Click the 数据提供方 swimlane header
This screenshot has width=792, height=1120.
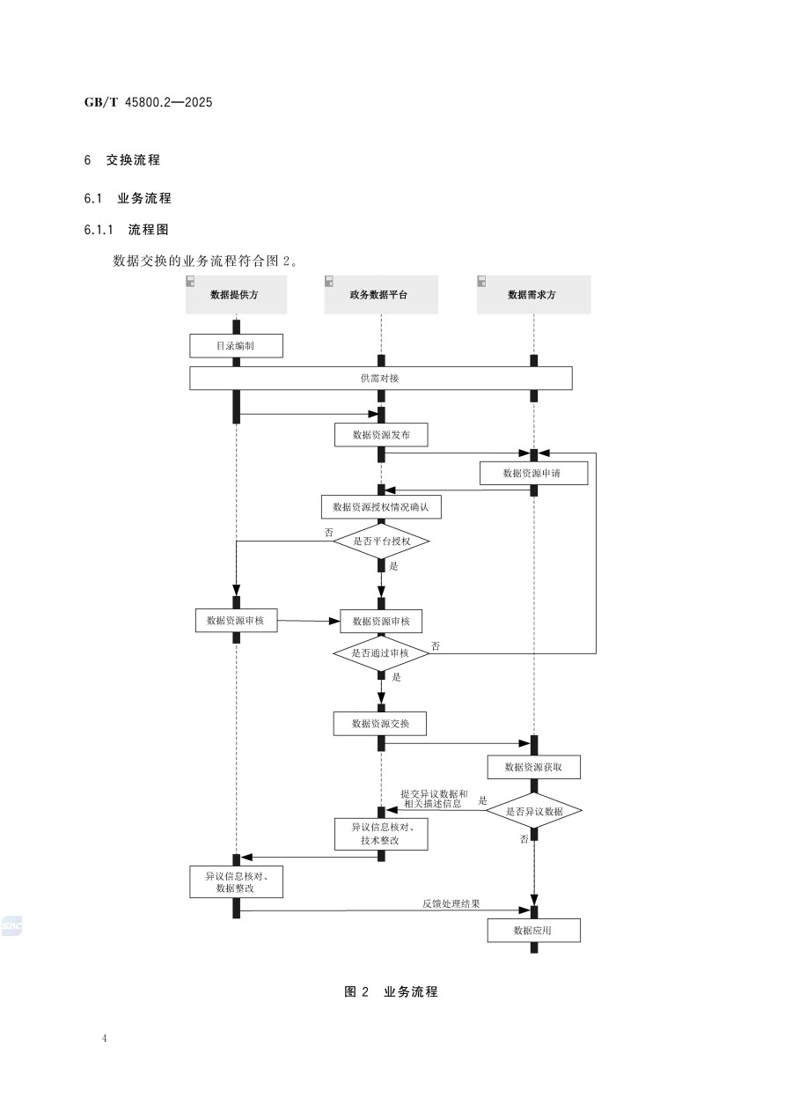click(x=236, y=295)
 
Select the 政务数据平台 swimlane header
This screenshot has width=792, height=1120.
click(x=380, y=295)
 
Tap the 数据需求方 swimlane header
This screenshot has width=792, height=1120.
click(x=533, y=295)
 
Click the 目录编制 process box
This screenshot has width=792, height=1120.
click(x=236, y=346)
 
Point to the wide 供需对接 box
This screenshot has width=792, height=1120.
click(x=381, y=378)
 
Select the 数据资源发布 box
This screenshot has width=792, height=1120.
click(x=381, y=435)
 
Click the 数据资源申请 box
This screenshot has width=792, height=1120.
click(x=532, y=473)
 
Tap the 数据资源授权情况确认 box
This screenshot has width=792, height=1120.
click(x=381, y=507)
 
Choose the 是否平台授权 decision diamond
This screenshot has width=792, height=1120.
click(x=381, y=542)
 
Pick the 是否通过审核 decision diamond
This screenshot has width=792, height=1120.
click(x=381, y=653)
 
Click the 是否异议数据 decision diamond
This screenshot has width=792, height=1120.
click(x=534, y=811)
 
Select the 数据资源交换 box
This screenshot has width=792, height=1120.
click(x=380, y=724)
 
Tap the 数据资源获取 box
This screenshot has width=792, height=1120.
click(x=534, y=768)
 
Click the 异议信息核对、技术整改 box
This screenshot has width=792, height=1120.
click(x=381, y=834)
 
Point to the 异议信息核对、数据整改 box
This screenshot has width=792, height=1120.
click(x=236, y=882)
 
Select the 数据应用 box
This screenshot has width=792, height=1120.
click(x=533, y=931)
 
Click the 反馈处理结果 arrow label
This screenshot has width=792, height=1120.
click(x=451, y=904)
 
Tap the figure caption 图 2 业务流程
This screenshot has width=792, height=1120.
click(x=391, y=992)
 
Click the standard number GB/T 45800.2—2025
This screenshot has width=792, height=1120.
click(x=149, y=102)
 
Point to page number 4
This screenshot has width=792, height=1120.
click(x=105, y=1039)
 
